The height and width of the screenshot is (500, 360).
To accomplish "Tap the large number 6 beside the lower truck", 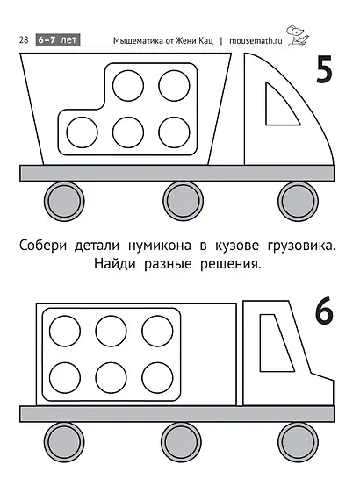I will pos(322,313).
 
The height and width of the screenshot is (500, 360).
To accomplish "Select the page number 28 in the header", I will pos(24,40).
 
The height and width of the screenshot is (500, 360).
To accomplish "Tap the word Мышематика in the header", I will pos(145,40).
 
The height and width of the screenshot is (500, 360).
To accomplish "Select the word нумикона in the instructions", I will pos(162,245).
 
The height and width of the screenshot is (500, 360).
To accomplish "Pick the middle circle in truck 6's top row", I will pos(112,331).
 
